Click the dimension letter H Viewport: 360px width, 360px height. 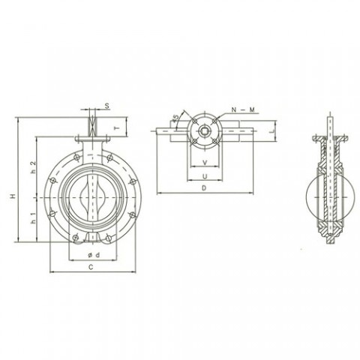pyautogui.click(x=13, y=196)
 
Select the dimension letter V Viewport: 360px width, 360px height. pyautogui.click(x=203, y=163)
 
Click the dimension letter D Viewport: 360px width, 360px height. pyautogui.click(x=203, y=190)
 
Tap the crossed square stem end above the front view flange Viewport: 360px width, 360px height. pyautogui.click(x=91, y=121)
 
